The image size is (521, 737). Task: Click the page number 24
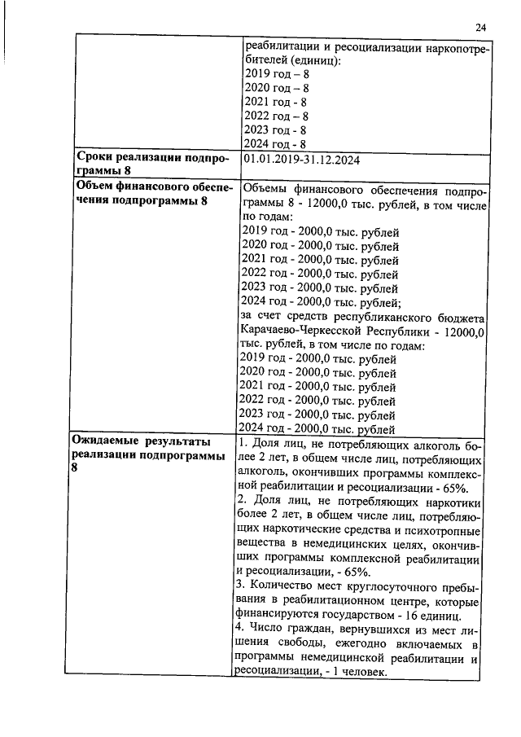[480, 28]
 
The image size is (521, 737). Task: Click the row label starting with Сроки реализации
[151, 158]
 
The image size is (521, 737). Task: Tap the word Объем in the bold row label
[95, 187]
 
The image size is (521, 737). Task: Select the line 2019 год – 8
[277, 73]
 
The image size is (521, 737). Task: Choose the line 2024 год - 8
[276, 144]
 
